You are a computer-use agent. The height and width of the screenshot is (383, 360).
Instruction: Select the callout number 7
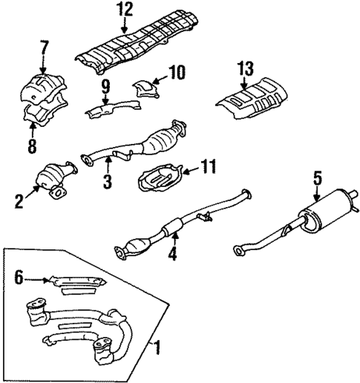[x=45, y=49]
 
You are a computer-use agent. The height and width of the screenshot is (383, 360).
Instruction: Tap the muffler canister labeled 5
[x=327, y=208]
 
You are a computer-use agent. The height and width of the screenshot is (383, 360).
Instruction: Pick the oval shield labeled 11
[x=158, y=180]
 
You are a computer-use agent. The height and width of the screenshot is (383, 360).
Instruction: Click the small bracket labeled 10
[x=145, y=90]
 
